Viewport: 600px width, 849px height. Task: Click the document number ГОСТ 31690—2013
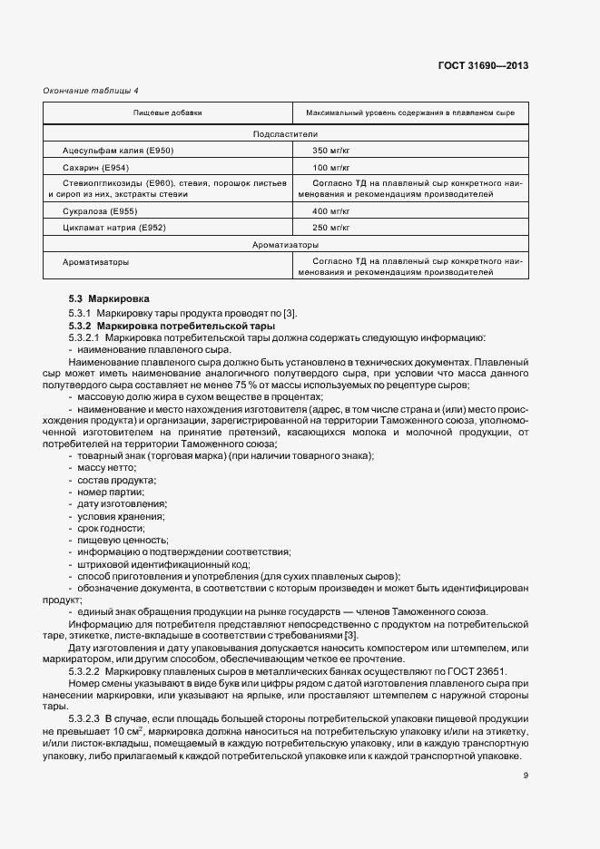tap(483, 65)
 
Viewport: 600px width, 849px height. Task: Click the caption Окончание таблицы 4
tap(91, 91)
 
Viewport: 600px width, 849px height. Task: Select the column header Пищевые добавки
tap(168, 113)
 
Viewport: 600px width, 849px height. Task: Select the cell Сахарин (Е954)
tap(95, 168)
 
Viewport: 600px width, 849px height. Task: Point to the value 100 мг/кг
tap(331, 168)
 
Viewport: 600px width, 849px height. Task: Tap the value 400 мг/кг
tap(331, 210)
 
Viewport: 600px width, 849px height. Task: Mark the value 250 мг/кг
tap(331, 227)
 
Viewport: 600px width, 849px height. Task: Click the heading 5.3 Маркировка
tap(109, 299)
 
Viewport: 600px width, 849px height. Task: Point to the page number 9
tap(526, 775)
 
